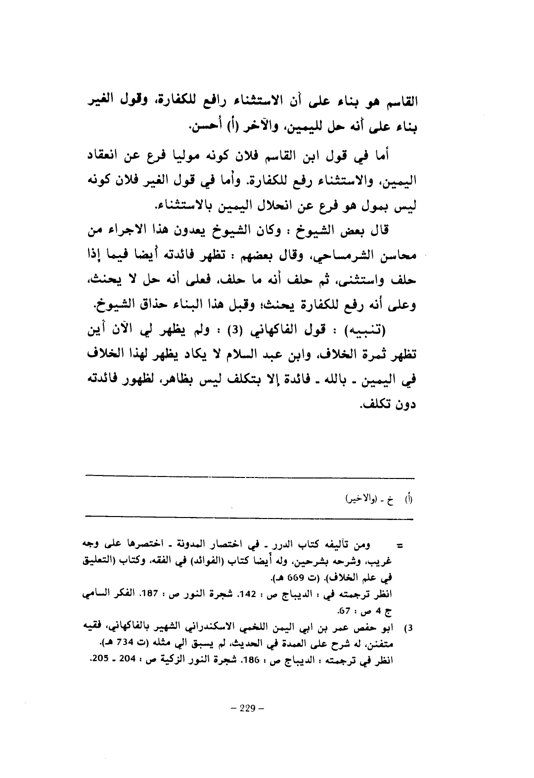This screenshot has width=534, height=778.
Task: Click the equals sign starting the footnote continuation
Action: (x=401, y=546)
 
